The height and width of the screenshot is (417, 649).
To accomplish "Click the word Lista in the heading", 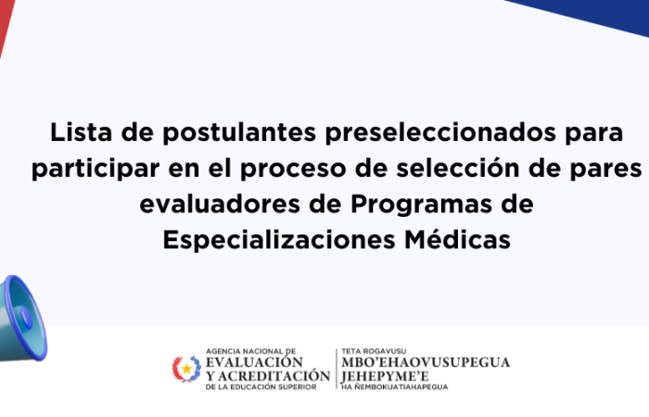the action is tap(82, 133).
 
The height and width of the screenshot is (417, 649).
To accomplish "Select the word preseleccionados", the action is tap(440, 133).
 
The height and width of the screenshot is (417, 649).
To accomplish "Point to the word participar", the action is tap(95, 170).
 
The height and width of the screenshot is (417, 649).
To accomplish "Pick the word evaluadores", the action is tap(220, 205).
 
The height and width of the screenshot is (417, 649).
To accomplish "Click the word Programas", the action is tap(421, 205).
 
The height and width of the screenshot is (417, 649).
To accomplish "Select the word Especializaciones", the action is tap(279, 240).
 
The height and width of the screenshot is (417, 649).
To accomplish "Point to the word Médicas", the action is tap(457, 239).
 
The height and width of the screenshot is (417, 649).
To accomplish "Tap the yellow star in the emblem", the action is tap(187, 368).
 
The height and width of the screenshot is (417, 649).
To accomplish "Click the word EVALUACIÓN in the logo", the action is tap(255, 362).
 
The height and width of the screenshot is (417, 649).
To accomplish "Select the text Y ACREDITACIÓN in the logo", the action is tap(268, 376).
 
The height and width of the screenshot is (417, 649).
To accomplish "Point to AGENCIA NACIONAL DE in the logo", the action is tap(251, 351).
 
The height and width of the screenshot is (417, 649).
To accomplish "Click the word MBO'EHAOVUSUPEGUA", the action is tap(426, 362).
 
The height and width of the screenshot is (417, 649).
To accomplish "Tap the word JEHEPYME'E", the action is tap(385, 376).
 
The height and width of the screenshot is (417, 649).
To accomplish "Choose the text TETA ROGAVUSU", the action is tap(374, 351).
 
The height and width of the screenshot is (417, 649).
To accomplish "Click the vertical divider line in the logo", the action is tap(336, 369).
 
